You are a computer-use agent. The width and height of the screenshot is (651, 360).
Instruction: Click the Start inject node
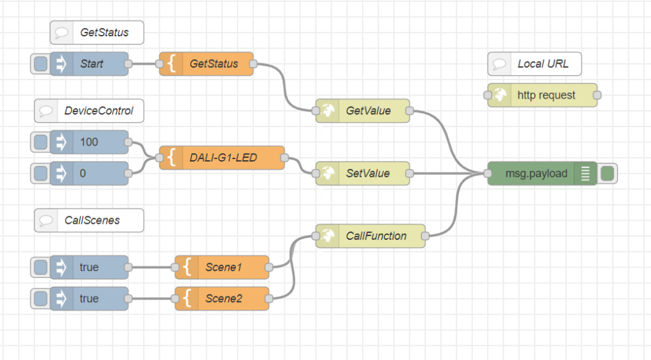pos(89,64)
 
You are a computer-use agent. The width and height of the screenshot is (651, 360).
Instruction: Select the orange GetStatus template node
pos(207,64)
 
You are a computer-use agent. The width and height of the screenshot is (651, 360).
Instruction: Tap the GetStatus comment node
pos(97,32)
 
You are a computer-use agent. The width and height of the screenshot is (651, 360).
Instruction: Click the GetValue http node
pos(362,111)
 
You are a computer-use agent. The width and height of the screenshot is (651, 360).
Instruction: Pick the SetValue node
pos(362,173)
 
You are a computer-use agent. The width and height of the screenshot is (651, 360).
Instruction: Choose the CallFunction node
pos(371,236)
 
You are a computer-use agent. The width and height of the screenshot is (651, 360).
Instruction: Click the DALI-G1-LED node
pos(222,158)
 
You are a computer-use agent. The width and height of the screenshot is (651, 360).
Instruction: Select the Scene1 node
pos(222,267)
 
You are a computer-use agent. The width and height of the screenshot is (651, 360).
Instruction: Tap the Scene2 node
pos(222,298)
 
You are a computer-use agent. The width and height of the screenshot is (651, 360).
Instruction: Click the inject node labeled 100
pos(89,142)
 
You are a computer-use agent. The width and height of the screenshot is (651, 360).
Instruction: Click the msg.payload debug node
pos(542,173)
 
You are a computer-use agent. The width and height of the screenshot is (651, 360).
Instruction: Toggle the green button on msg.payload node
pos(607,173)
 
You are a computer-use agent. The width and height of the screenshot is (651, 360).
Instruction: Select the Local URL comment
pos(534,64)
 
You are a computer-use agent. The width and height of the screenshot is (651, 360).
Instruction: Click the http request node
pos(542,95)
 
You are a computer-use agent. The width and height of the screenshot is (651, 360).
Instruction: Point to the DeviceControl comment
pos(89,111)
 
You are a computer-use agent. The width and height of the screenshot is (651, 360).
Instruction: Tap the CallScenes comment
pos(89,221)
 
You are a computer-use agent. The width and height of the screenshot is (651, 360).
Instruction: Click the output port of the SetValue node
pos(409,173)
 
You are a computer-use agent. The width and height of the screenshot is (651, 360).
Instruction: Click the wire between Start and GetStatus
pos(144,64)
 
